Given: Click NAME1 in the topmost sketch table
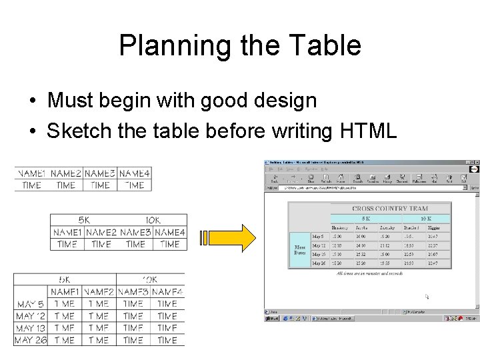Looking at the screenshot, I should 32,173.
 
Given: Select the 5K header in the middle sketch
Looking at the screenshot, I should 85,220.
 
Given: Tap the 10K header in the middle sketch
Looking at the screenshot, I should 153,220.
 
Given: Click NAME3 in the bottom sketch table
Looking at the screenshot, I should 133,292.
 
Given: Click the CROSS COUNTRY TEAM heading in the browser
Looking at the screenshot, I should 391,208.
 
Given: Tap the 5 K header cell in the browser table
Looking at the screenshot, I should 365,218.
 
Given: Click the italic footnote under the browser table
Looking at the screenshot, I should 370,273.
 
